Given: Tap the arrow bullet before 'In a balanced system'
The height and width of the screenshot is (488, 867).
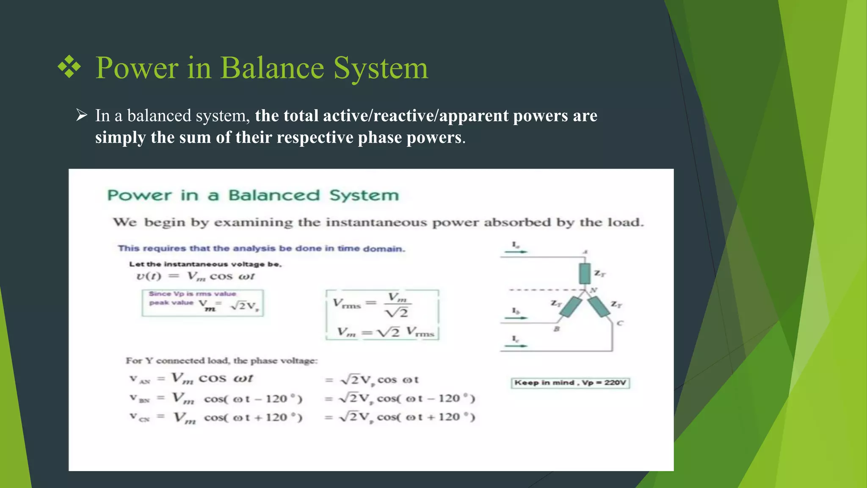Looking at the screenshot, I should pos(81,115).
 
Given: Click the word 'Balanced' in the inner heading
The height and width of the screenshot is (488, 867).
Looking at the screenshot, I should pos(274,195).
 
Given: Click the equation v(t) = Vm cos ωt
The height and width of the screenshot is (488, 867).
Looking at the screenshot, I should pos(195,277).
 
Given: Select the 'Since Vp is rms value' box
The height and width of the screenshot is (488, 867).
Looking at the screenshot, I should pos(202,302).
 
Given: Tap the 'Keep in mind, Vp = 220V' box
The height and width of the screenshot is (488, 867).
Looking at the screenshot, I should pos(570,383).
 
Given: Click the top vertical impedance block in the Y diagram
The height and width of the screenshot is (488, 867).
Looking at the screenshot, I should pos(585,274).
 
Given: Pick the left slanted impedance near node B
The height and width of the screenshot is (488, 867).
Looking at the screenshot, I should pos(570,307).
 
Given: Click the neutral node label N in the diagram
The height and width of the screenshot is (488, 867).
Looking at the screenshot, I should pos(594,290).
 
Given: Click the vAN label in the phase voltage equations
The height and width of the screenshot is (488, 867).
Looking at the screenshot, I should pos(139,380).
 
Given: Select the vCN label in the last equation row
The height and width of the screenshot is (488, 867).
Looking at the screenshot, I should pos(139,418).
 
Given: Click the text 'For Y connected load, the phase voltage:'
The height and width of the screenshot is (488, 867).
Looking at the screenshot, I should pos(221,361).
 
